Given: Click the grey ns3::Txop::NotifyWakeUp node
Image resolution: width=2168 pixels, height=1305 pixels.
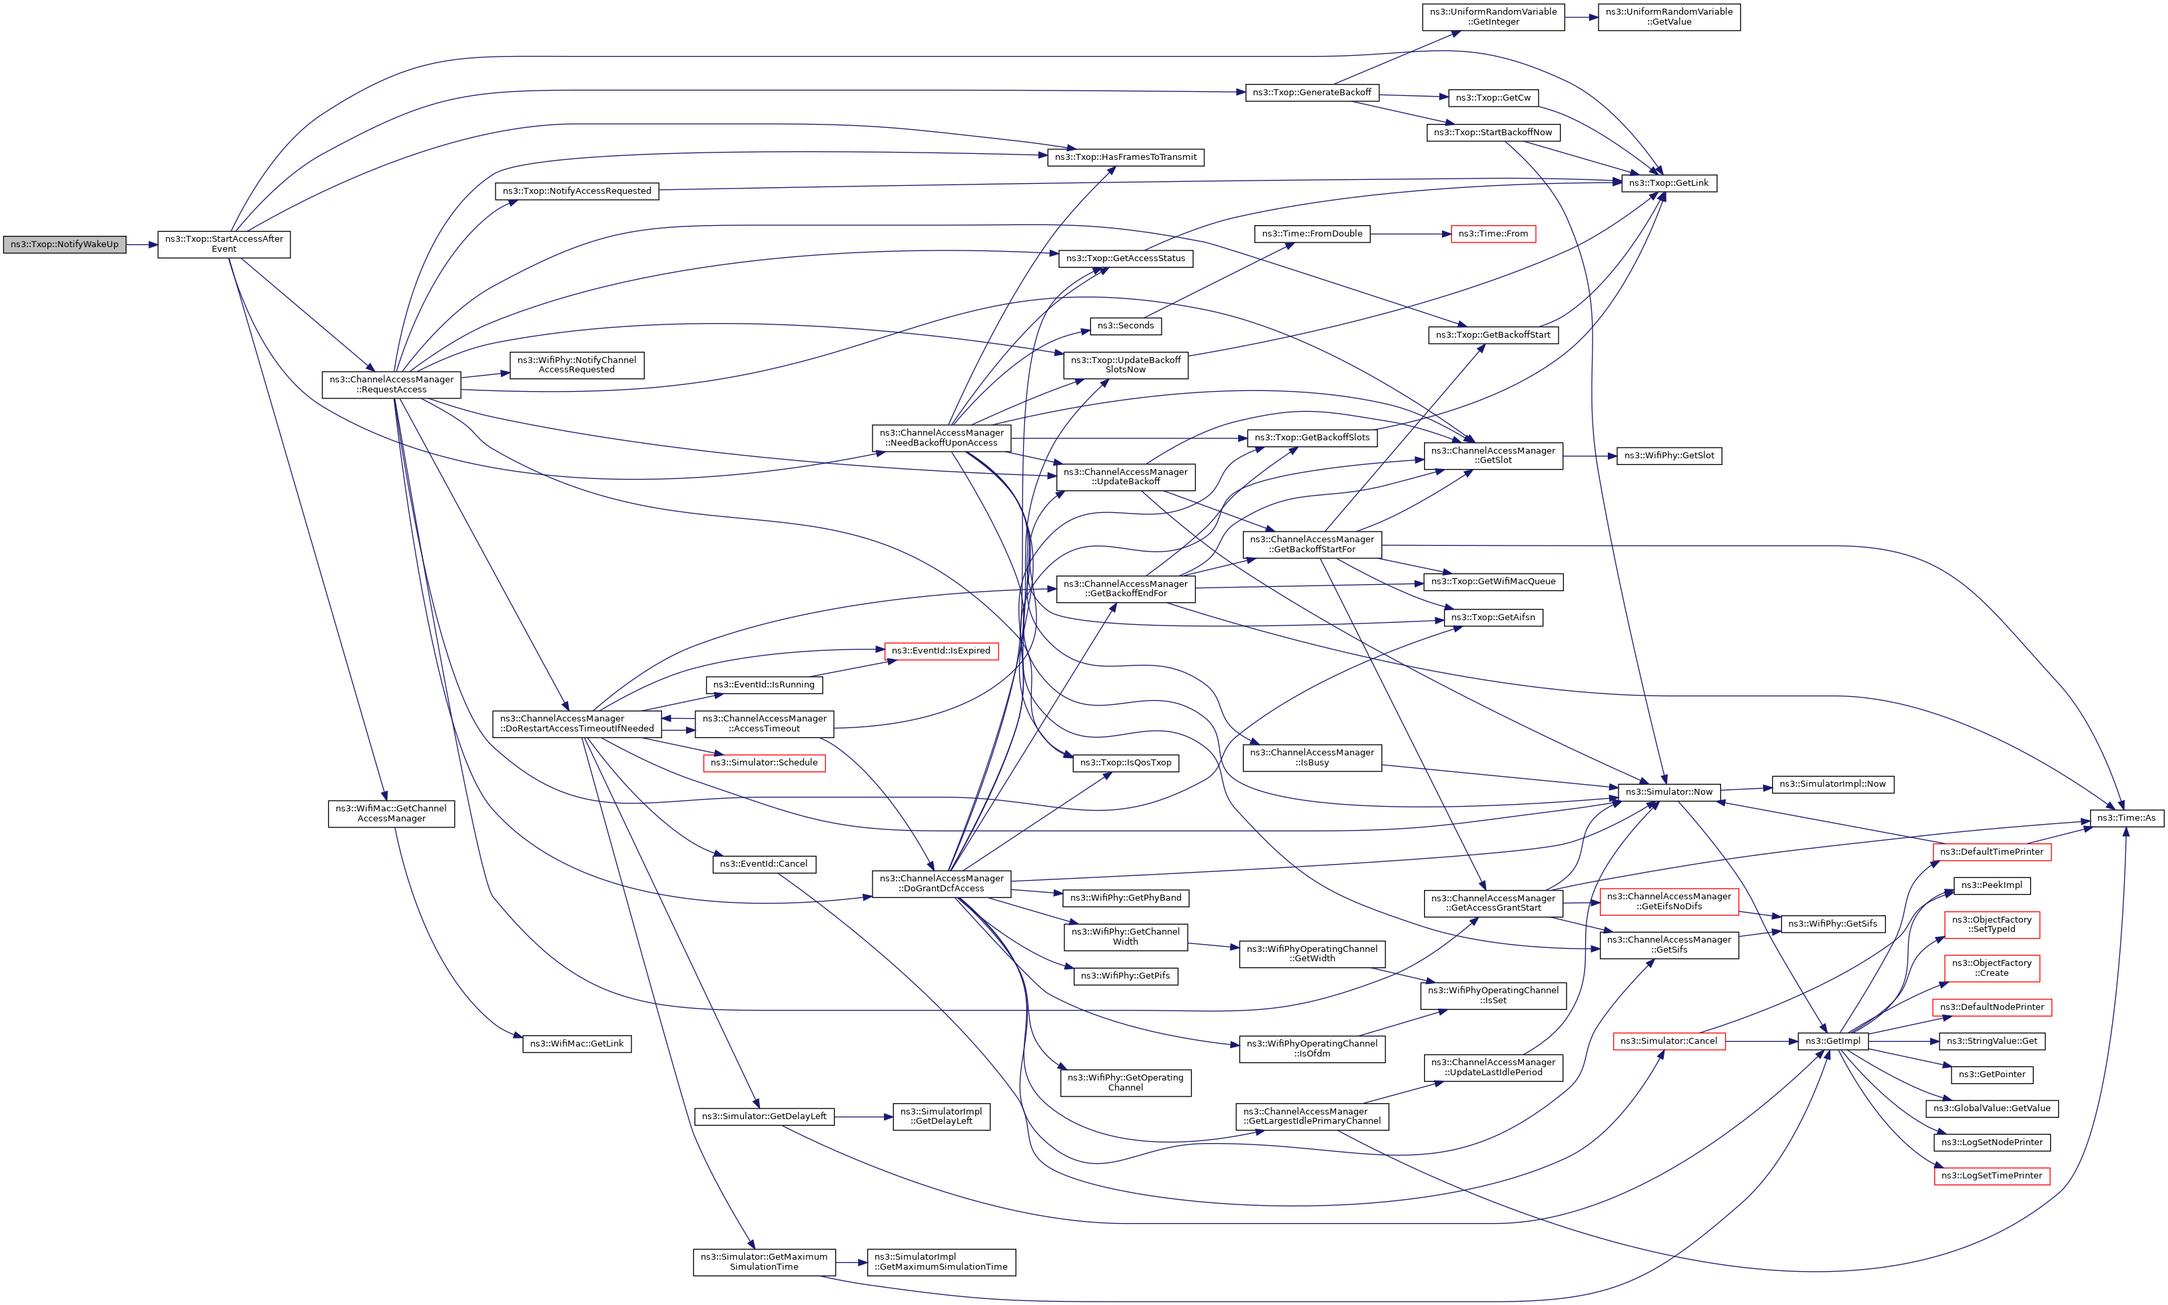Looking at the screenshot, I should pyautogui.click(x=64, y=244).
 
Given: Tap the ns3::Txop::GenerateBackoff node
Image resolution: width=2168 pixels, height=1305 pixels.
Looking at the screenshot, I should pyautogui.click(x=1311, y=93).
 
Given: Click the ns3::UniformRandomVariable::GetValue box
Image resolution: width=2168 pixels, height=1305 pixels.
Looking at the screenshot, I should pyautogui.click(x=1668, y=17).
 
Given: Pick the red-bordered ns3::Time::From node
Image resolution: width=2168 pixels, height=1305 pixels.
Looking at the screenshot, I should pyautogui.click(x=1492, y=234).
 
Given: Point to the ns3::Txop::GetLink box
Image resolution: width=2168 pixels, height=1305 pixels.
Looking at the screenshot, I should pyautogui.click(x=1668, y=183).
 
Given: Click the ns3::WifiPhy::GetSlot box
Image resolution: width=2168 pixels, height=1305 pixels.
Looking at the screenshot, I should pyautogui.click(x=1668, y=456).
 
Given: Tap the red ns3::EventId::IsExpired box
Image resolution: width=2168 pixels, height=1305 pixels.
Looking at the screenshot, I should pyautogui.click(x=940, y=651).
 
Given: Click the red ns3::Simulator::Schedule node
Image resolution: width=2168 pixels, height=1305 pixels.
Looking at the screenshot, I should pyautogui.click(x=763, y=763).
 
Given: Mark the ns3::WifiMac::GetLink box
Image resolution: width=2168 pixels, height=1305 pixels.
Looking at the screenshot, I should pyautogui.click(x=576, y=1044).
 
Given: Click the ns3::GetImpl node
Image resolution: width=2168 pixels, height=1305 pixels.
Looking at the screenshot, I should pyautogui.click(x=1832, y=1041).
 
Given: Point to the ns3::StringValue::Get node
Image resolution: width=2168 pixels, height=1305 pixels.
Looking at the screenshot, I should pyautogui.click(x=1991, y=1041).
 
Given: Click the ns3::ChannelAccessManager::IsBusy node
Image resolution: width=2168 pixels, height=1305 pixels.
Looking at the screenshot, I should pyautogui.click(x=1311, y=757).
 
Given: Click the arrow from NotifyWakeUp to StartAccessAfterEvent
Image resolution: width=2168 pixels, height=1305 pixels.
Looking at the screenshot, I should pyautogui.click(x=142, y=244).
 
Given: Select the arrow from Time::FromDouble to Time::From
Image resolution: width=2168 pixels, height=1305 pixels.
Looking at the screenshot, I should pyautogui.click(x=1409, y=234).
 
